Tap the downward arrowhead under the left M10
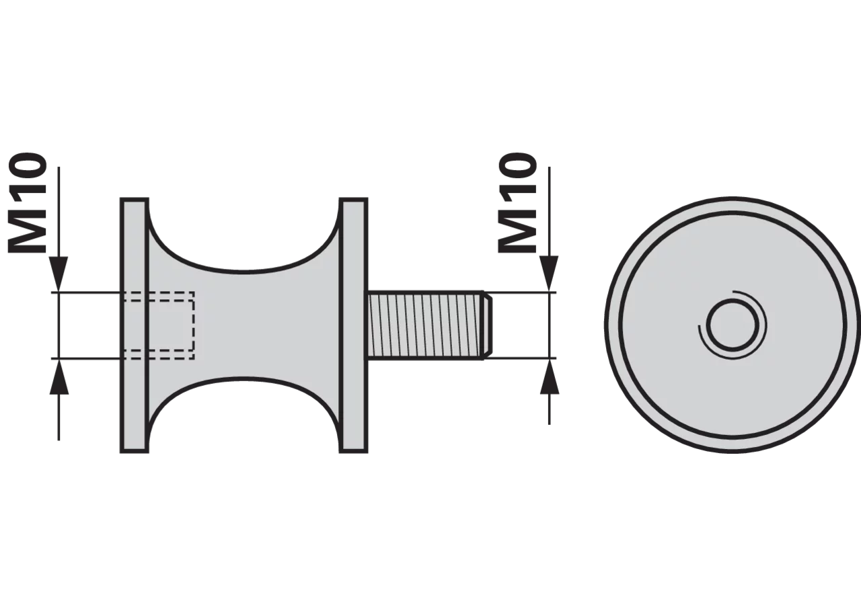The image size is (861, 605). pyautogui.click(x=59, y=274)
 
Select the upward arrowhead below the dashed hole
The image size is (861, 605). pyautogui.click(x=59, y=377)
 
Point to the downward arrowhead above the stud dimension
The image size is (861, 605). pyautogui.click(x=550, y=274)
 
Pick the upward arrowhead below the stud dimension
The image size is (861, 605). pyautogui.click(x=550, y=377)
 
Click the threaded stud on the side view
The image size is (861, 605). pyautogui.click(x=430, y=325)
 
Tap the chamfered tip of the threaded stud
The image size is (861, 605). pyautogui.click(x=488, y=325)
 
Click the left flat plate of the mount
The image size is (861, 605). pyautogui.click(x=135, y=325)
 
